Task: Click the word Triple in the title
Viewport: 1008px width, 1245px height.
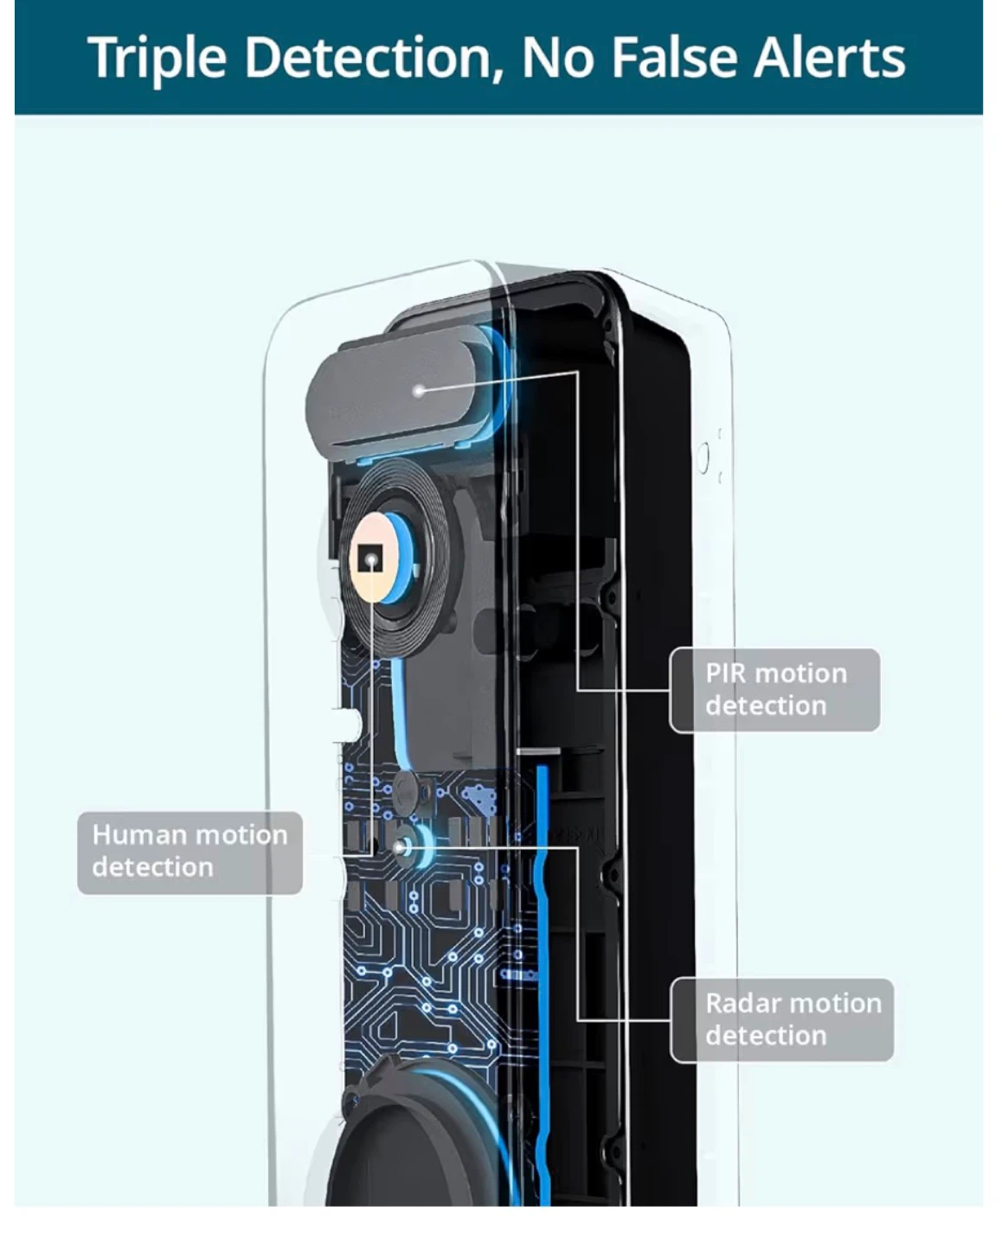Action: [x=157, y=59]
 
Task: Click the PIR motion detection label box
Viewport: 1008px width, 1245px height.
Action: [x=774, y=690]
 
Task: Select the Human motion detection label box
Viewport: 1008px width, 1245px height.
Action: [x=189, y=852]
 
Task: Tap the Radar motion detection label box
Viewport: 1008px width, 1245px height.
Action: [x=781, y=1020]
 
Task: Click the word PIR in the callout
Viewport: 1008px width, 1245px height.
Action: [x=725, y=674]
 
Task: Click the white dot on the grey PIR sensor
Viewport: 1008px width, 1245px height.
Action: [x=418, y=391]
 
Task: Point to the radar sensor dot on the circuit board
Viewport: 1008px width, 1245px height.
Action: [x=400, y=846]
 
